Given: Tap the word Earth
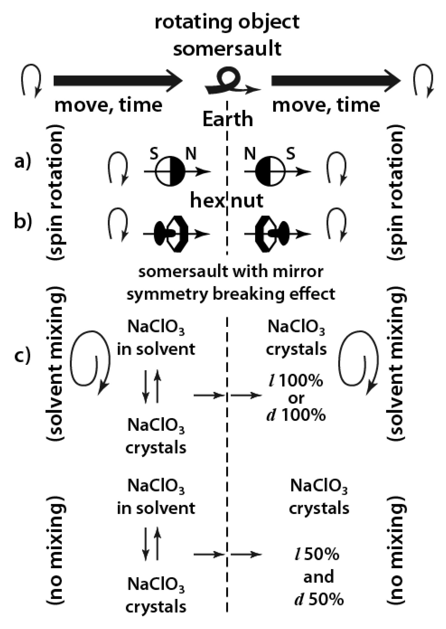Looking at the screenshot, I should click(x=228, y=119).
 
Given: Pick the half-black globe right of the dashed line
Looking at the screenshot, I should click(x=270, y=171).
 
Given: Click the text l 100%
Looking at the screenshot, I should click(x=295, y=380).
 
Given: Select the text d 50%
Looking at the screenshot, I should click(x=319, y=599).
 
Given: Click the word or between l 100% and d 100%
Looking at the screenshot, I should click(x=296, y=398).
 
